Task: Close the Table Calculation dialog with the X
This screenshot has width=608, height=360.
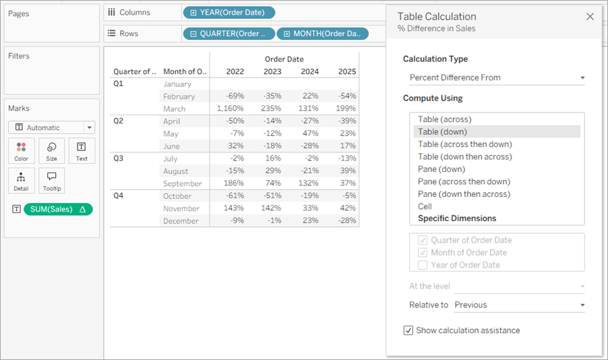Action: click(x=590, y=17)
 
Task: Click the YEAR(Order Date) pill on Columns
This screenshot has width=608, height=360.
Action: click(x=229, y=12)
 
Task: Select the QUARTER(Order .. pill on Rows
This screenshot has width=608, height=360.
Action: click(x=229, y=34)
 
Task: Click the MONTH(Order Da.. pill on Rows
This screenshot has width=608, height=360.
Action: click(x=322, y=34)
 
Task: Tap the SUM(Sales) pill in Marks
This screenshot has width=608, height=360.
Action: click(x=58, y=209)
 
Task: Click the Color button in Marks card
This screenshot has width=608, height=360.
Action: click(x=22, y=151)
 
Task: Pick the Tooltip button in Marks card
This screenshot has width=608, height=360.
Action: click(x=52, y=181)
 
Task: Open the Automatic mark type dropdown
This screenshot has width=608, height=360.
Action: click(x=52, y=127)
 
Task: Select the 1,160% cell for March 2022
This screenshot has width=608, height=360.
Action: click(x=231, y=109)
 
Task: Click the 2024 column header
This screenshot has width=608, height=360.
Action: click(x=310, y=71)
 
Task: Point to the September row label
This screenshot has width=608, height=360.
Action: click(x=182, y=183)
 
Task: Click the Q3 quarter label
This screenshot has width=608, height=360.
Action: click(x=118, y=158)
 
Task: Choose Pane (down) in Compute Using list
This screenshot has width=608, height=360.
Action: click(x=442, y=169)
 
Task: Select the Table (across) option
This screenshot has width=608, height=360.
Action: click(x=444, y=119)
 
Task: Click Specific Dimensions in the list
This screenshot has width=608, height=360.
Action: click(x=457, y=218)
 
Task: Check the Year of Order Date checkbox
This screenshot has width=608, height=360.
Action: click(x=422, y=265)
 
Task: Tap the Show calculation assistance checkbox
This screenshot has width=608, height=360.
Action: click(x=408, y=330)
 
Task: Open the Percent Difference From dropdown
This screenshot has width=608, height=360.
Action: click(x=497, y=78)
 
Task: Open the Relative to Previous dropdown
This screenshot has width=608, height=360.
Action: click(x=519, y=305)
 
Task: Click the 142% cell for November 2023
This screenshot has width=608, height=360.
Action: click(x=271, y=208)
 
